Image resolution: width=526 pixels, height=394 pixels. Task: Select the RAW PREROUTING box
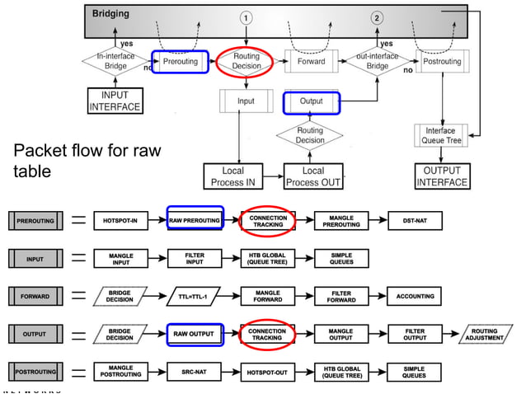click(x=195, y=221)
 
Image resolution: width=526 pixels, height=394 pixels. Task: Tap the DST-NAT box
click(x=415, y=221)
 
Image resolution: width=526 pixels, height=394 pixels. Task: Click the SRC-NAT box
click(x=195, y=372)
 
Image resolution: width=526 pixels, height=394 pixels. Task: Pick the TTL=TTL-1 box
click(x=195, y=296)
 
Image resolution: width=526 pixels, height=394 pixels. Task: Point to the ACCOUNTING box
click(x=415, y=296)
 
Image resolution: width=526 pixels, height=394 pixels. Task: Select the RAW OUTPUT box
click(x=195, y=334)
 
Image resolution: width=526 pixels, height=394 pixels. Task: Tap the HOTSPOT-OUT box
click(x=268, y=372)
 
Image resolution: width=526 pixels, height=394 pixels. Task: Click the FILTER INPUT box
click(x=195, y=259)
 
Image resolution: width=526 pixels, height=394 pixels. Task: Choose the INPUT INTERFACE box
click(x=115, y=101)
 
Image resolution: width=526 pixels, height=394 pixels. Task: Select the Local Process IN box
click(x=237, y=176)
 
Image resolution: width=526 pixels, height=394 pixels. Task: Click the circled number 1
click(x=247, y=17)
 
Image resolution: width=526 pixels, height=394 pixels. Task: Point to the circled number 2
click(x=377, y=17)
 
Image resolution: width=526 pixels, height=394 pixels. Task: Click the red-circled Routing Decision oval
click(x=247, y=62)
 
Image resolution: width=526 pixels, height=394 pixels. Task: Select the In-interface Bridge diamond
click(x=115, y=62)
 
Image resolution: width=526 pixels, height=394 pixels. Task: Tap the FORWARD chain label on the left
click(x=35, y=296)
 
